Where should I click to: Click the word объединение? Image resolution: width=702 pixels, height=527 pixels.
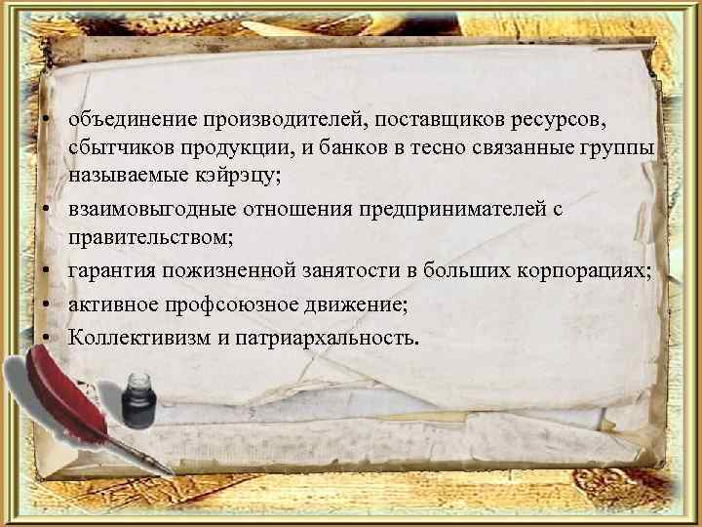click(133, 120)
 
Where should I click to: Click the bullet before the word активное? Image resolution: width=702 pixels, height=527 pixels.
click(46, 305)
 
